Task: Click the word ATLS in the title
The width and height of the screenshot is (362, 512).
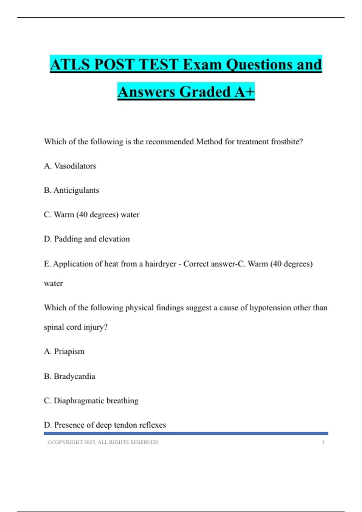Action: [70, 64]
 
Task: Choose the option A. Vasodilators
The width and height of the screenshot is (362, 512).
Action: [70, 166]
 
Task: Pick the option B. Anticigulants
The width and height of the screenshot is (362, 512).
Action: [71, 190]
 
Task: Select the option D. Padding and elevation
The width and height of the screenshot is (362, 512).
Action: [87, 239]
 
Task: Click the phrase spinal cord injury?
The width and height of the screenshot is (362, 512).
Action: [76, 327]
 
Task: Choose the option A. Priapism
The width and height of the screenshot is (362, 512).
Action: [64, 351]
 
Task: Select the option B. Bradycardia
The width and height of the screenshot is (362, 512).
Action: [70, 376]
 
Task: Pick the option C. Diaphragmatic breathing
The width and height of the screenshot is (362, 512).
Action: [91, 401]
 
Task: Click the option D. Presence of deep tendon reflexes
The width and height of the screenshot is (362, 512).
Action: [105, 425]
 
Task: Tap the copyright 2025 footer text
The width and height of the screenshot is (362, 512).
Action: [103, 442]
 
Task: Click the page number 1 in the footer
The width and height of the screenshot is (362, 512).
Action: [323, 442]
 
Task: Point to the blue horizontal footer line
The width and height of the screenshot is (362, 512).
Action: [186, 433]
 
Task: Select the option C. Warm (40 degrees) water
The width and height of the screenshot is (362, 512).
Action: [92, 215]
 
